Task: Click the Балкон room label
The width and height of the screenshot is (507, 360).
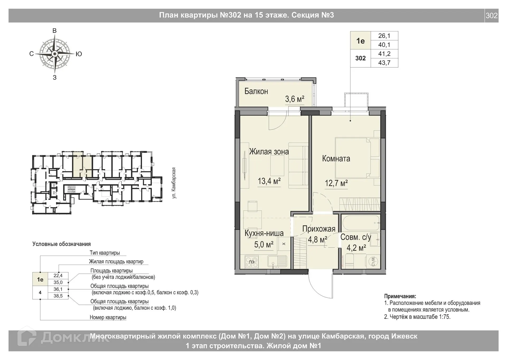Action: [256, 91]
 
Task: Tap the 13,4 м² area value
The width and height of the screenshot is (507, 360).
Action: [269, 181]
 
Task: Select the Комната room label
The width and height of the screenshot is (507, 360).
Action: [336, 159]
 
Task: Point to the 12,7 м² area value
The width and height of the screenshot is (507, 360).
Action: [336, 183]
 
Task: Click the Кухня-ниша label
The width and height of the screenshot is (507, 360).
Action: [264, 233]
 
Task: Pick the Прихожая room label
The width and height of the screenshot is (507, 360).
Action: [319, 229]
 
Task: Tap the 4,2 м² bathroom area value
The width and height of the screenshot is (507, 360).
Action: [356, 248]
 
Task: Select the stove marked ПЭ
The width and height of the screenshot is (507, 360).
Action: [252, 262]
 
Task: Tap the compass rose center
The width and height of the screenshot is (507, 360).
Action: [55, 54]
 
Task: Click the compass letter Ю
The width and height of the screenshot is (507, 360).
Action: [79, 54]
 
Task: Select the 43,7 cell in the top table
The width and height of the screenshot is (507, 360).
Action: [384, 63]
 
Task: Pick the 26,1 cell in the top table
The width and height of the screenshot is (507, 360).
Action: [384, 36]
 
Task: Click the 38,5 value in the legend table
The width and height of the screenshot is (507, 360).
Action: [58, 296]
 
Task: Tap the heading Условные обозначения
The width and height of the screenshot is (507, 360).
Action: [62, 244]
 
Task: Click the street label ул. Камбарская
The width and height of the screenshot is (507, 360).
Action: [174, 183]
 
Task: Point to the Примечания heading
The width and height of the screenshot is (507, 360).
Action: [400, 296]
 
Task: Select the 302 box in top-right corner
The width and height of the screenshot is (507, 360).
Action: [491, 16]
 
